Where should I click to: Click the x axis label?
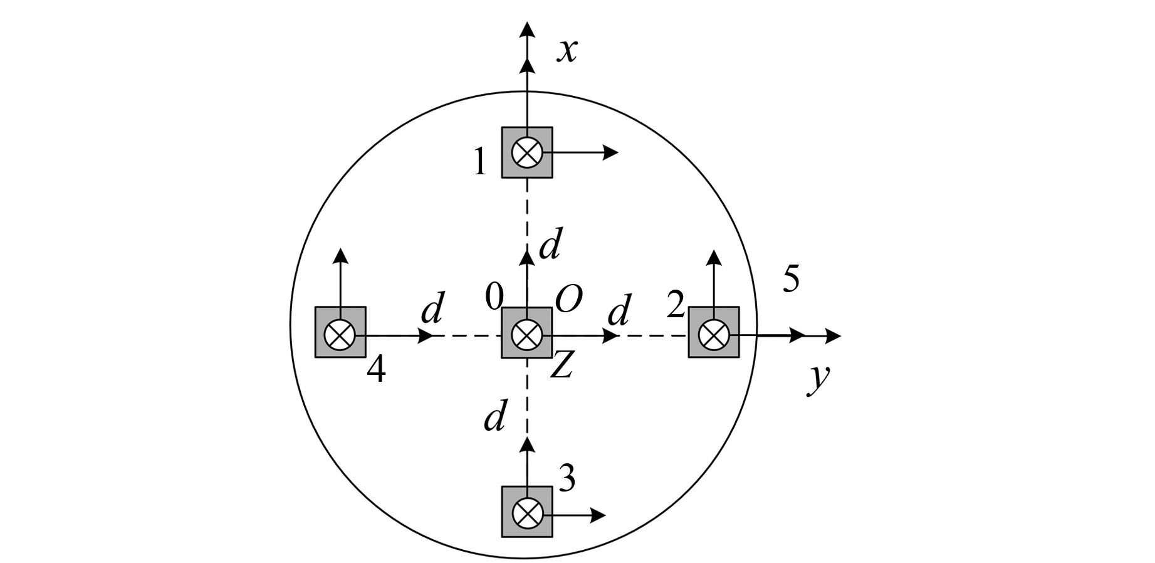[x=567, y=51]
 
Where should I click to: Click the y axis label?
[x=817, y=377]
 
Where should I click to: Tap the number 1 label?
[x=480, y=162]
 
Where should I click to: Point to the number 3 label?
[x=567, y=479]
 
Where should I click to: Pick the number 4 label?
[x=376, y=371]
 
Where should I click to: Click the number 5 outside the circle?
[x=791, y=279]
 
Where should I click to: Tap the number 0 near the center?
[x=494, y=297]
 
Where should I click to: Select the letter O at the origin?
[x=569, y=300]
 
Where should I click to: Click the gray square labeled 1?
[x=527, y=152]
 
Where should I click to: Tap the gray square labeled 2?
[x=714, y=332]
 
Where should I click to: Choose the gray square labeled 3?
[x=527, y=512]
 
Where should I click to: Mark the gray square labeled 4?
[x=340, y=332]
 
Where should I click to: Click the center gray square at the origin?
[x=527, y=332]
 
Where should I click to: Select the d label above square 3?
[x=495, y=416]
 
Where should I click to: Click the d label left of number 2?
[x=619, y=311]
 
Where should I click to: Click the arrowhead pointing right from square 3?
[x=600, y=515]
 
